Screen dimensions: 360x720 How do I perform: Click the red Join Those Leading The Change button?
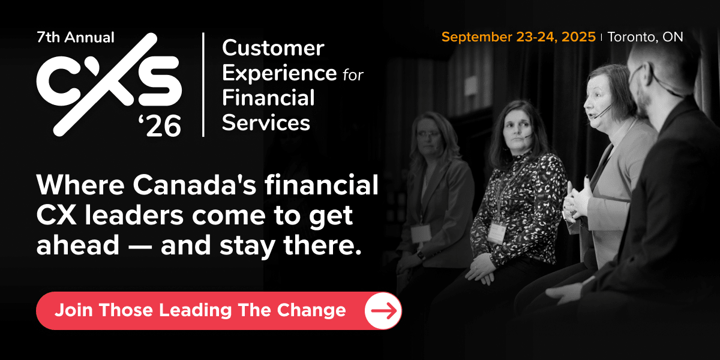point(200,310)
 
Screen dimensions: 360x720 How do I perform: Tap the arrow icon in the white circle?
point(383,310)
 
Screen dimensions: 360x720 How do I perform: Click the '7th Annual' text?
point(75,37)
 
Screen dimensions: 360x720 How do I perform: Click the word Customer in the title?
point(273,48)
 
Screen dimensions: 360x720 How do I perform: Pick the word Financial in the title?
point(268,97)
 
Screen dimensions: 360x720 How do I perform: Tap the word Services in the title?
point(266,122)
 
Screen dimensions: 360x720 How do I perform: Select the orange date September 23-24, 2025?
point(518,37)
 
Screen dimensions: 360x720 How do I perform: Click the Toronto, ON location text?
point(645,37)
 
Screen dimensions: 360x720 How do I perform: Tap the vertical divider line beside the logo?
point(203,84)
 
